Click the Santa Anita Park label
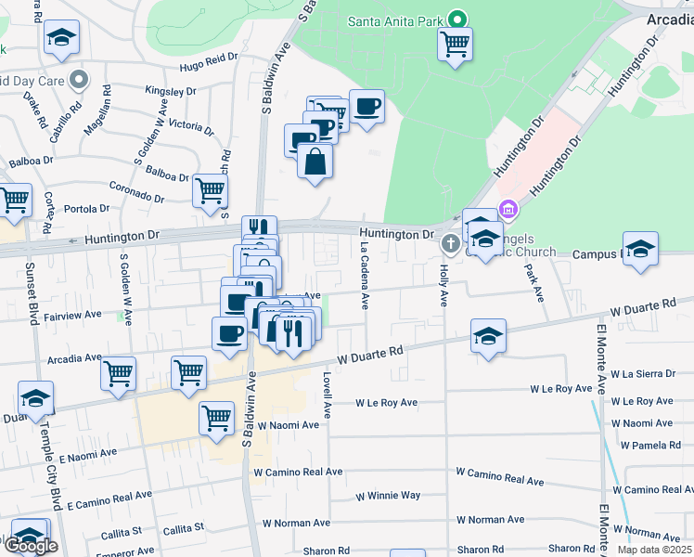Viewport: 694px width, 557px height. (x=394, y=20)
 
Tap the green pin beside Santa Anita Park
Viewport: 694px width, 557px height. (x=456, y=19)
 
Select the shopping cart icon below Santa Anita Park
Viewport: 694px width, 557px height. (x=455, y=44)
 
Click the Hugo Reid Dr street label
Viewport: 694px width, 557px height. (x=204, y=66)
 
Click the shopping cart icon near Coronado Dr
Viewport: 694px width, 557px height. (x=211, y=190)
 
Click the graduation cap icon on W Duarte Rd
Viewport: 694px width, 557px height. (x=488, y=336)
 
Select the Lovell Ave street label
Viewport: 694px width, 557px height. (x=328, y=394)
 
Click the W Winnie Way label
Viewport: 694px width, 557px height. (x=388, y=496)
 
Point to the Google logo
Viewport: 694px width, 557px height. (x=31, y=546)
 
